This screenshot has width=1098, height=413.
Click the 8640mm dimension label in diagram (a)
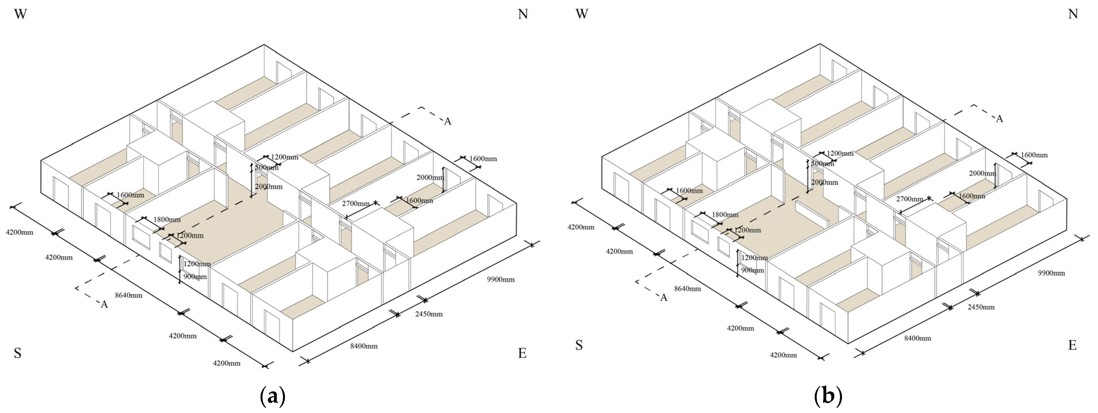tap(129, 295)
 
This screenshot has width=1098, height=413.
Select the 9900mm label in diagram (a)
tap(501, 280)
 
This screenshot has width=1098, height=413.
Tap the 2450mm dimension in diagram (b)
tap(981, 307)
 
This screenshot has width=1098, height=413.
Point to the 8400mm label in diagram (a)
tap(364, 346)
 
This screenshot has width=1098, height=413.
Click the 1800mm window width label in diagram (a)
tap(167, 220)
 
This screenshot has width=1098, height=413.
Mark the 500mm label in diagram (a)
tap(266, 168)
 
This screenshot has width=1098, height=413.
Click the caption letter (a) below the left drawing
tap(272, 397)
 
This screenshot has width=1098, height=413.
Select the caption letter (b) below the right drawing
tap(828, 397)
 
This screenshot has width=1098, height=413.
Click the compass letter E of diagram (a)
tap(522, 353)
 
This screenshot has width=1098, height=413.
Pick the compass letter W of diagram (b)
tap(582, 14)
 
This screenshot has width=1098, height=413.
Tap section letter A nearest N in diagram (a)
tap(448, 122)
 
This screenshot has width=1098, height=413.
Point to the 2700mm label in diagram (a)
tap(355, 204)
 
